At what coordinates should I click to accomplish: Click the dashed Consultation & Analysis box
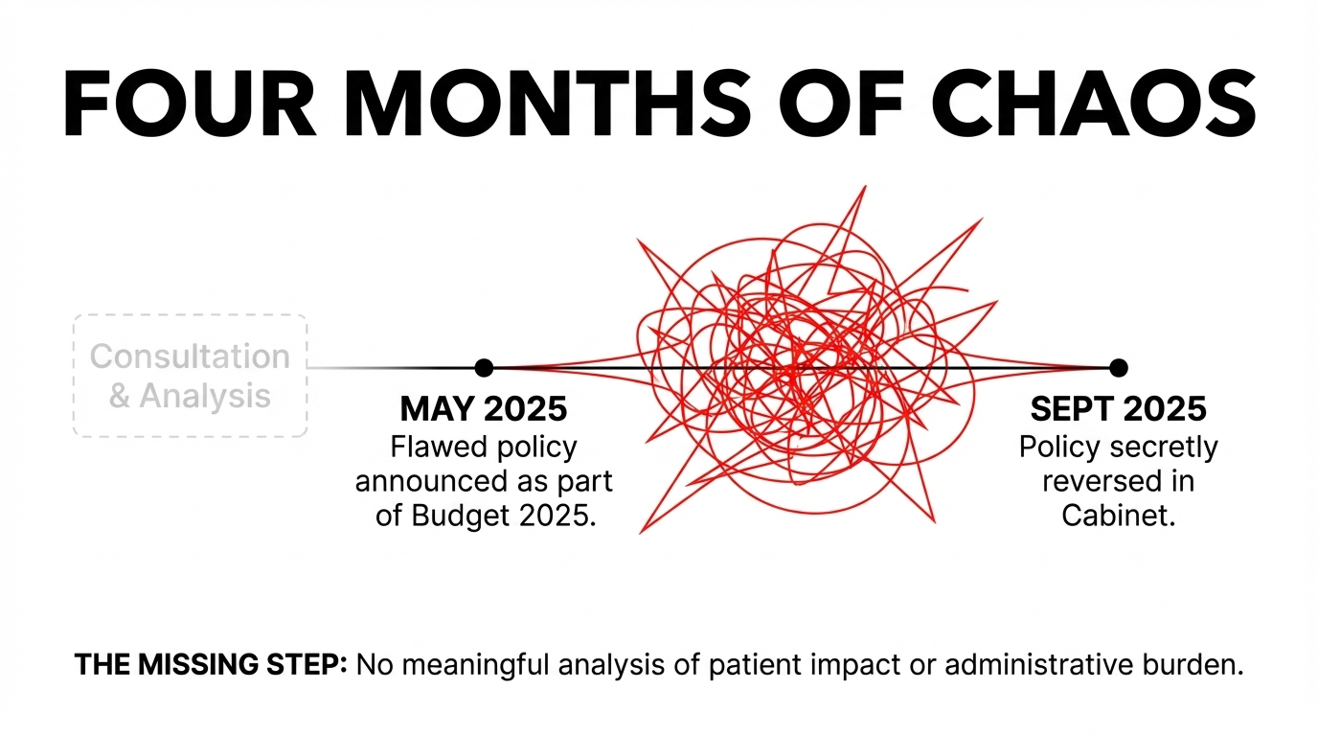coord(190,376)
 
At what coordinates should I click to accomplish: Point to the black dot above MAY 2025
coord(484,368)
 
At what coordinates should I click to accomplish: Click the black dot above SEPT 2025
coord(1118,368)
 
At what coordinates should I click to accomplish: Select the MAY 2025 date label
coord(484,409)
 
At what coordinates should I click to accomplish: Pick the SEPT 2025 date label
coord(1118,409)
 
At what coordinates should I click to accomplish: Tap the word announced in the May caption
coord(423,481)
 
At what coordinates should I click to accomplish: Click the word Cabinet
coord(1118,515)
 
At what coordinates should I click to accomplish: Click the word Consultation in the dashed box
coord(190,356)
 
